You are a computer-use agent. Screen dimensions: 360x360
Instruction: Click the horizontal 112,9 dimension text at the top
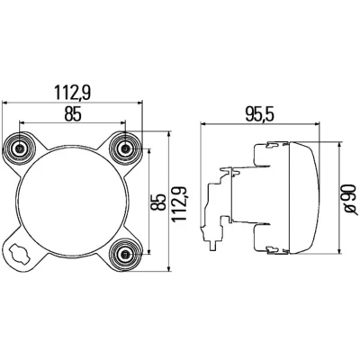(72, 92)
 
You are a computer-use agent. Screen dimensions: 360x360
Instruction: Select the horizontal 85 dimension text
(73, 114)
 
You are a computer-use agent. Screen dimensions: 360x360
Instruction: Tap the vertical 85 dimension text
(158, 202)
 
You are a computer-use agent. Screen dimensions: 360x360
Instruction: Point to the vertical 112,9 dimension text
(180, 203)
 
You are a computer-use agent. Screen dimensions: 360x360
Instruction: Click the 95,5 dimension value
(260, 114)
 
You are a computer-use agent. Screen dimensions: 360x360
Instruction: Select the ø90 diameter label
(350, 200)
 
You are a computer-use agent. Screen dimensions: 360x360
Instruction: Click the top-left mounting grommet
(20, 148)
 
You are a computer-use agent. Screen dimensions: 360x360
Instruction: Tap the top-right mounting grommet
(125, 148)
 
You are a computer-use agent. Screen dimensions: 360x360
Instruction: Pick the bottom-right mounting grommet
(125, 255)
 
